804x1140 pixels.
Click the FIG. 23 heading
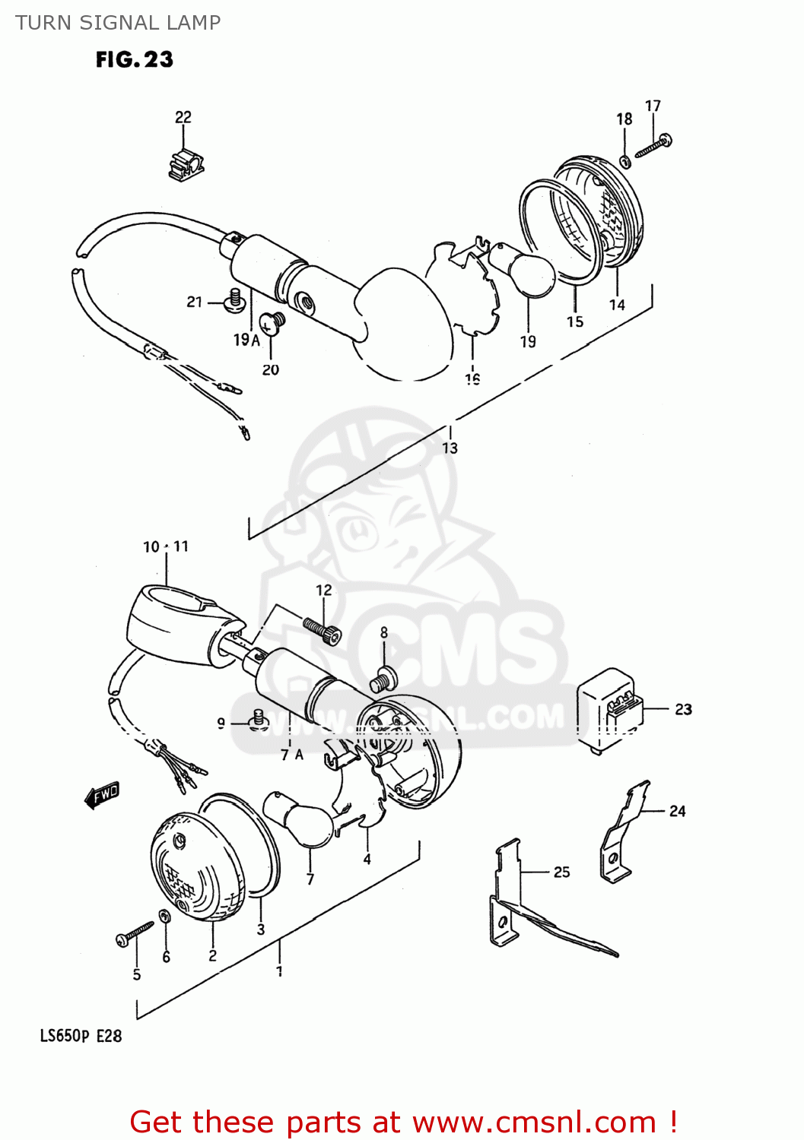click(x=135, y=59)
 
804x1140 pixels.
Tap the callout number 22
click(x=183, y=117)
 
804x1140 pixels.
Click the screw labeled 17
click(x=653, y=145)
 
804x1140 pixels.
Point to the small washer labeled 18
click(x=625, y=160)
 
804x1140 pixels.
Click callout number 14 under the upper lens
click(x=617, y=305)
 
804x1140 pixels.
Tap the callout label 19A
click(x=246, y=340)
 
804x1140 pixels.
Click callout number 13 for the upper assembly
click(x=450, y=448)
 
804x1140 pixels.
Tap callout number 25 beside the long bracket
click(x=561, y=872)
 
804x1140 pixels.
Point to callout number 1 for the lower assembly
click(x=279, y=971)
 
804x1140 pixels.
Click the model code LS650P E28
click(x=81, y=1036)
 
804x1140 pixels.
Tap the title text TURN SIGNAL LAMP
click(x=118, y=23)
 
